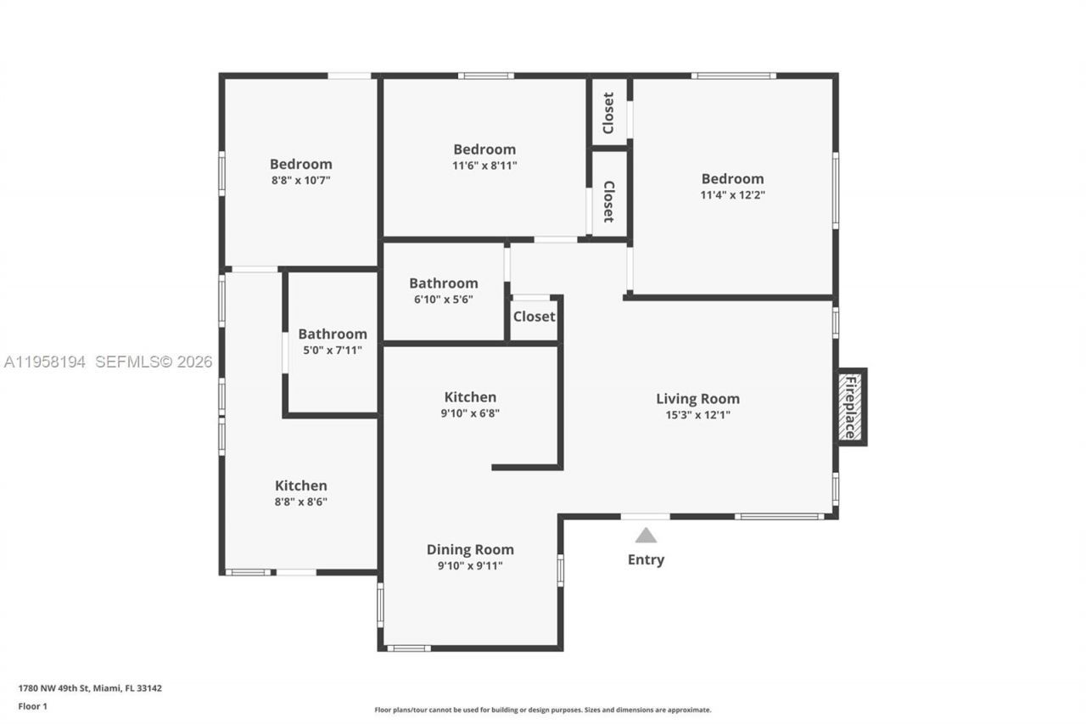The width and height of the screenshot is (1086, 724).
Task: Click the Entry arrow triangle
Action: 646,536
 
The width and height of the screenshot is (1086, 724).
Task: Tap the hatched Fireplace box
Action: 850,407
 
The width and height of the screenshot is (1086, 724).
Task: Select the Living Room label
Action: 697,399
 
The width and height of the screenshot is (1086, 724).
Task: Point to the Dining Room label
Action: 470,550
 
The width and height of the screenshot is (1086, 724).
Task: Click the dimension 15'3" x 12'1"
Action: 697,415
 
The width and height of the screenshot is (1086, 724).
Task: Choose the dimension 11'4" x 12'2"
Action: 732,195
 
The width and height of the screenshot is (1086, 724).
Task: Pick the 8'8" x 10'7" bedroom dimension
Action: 300,181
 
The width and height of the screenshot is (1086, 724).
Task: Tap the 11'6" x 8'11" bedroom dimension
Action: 484,166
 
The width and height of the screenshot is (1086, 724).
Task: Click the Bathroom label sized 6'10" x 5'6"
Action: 443,283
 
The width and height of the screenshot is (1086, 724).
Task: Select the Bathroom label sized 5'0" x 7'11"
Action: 332,334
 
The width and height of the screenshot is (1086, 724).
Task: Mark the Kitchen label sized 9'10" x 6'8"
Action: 470,397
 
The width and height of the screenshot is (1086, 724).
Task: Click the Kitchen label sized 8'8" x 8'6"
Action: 300,486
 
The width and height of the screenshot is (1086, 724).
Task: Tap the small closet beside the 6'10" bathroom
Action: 534,317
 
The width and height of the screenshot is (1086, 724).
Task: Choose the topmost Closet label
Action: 608,113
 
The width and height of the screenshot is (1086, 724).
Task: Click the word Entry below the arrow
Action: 646,560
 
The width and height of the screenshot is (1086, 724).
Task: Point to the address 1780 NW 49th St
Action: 90,688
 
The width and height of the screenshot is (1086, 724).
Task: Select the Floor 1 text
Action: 33,706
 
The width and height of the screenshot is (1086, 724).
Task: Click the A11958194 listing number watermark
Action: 45,362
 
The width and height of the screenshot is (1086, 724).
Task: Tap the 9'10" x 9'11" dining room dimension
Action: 470,566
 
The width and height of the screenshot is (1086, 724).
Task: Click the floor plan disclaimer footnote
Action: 543,710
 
